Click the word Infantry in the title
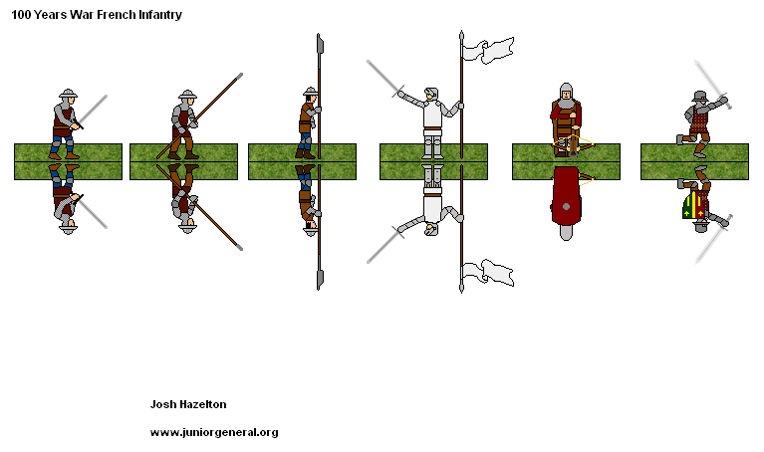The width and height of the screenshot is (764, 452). coord(155,16)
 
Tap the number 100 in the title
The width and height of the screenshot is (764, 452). coord(22,16)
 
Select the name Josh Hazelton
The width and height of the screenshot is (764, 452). coord(189,404)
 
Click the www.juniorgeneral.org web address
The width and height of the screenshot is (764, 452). coord(213,432)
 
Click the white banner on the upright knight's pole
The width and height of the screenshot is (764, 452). coord(493,50)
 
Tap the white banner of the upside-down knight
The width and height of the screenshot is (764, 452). coord(493,271)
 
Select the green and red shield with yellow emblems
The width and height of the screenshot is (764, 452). coord(696,207)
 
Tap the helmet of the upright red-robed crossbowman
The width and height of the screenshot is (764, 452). coord(566,91)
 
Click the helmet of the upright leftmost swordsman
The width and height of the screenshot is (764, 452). coord(68,96)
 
